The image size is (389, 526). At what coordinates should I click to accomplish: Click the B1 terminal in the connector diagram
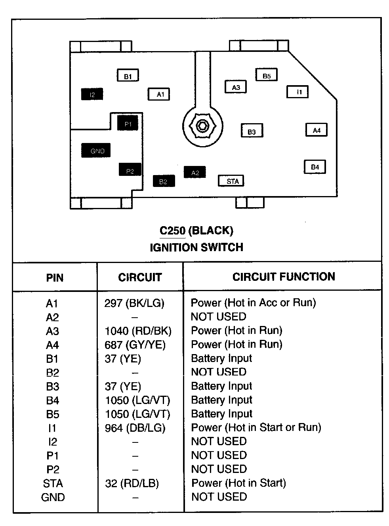[x=128, y=76]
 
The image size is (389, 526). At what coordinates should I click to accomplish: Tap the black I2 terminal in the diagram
[x=92, y=94]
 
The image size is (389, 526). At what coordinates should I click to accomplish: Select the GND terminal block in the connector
[x=96, y=151]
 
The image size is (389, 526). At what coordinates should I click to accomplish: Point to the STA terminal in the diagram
[x=231, y=181]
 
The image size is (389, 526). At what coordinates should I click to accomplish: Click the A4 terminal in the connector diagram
[x=316, y=130]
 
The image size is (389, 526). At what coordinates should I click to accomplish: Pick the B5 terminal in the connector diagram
[x=266, y=75]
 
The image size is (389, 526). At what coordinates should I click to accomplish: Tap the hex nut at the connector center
[x=202, y=126]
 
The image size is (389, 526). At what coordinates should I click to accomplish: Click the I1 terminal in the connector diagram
[x=297, y=92]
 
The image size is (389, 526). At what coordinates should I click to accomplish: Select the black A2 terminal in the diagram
[x=194, y=172]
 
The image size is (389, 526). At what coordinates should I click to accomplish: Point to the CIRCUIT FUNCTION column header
[x=284, y=276]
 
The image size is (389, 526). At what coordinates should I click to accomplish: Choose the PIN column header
[x=55, y=277]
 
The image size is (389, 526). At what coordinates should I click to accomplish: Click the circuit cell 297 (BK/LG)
[x=134, y=303]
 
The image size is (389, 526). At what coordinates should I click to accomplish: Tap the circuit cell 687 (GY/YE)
[x=135, y=345]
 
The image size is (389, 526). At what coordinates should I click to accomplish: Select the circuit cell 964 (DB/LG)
[x=135, y=428]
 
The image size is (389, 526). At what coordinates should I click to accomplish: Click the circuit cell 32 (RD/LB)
[x=132, y=483]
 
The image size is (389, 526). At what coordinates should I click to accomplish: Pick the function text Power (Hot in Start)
[x=238, y=483]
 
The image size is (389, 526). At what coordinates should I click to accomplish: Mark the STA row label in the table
[x=53, y=483]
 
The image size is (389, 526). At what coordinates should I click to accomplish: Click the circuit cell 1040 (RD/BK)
[x=138, y=331]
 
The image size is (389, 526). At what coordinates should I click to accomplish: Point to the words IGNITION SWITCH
[x=196, y=247]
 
